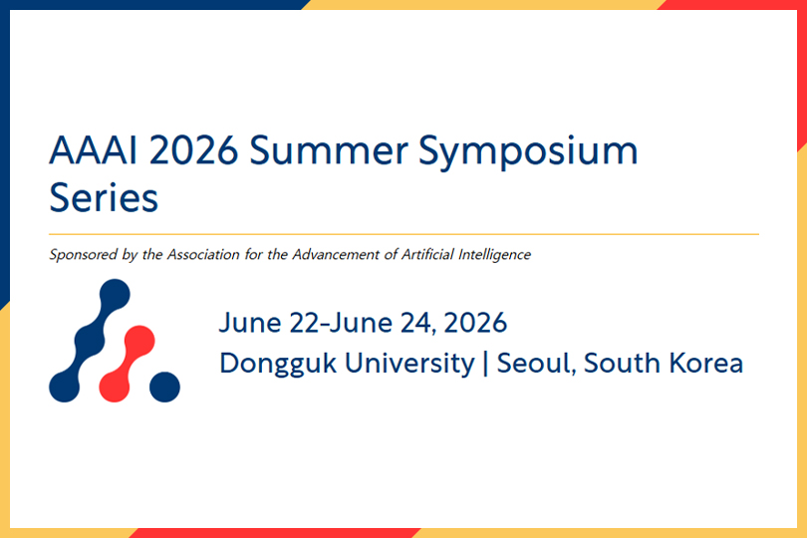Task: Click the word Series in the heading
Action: click(x=104, y=197)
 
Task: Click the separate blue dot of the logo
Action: click(x=164, y=386)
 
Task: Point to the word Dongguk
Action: click(x=263, y=364)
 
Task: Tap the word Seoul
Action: click(x=534, y=363)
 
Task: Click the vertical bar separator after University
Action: click(x=485, y=364)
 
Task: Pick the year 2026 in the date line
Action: click(x=475, y=323)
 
